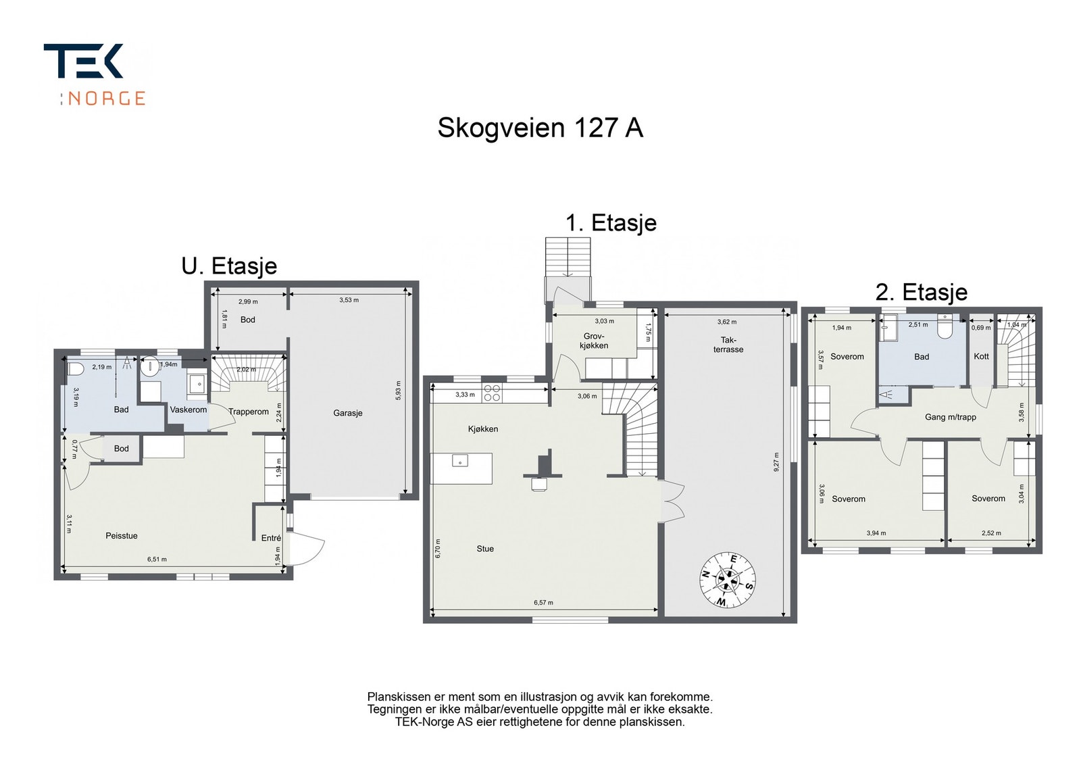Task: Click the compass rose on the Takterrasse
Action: [727, 579]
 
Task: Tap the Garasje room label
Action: [348, 413]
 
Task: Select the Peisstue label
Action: [122, 536]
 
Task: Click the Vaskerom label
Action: [188, 410]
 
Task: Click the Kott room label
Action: [981, 356]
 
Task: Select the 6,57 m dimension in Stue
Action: [543, 603]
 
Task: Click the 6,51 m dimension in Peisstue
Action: [157, 559]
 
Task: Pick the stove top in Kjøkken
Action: [492, 393]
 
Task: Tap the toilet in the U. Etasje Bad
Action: [75, 369]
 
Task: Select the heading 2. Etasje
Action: [921, 292]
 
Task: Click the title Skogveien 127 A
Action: [540, 128]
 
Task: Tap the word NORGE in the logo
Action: [107, 99]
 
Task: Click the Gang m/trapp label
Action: [950, 417]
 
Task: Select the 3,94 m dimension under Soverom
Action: [876, 533]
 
